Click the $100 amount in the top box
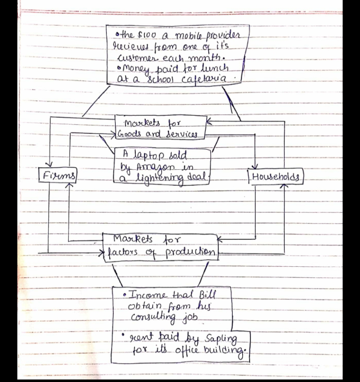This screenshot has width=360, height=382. click(147, 35)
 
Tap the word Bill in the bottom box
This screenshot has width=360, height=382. click(208, 295)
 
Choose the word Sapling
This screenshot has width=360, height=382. click(221, 339)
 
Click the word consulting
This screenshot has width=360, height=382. click(153, 318)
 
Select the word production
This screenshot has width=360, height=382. click(190, 253)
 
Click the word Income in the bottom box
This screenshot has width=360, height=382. click(148, 295)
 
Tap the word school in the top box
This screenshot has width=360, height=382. click(160, 79)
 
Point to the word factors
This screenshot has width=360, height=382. click(123, 252)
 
